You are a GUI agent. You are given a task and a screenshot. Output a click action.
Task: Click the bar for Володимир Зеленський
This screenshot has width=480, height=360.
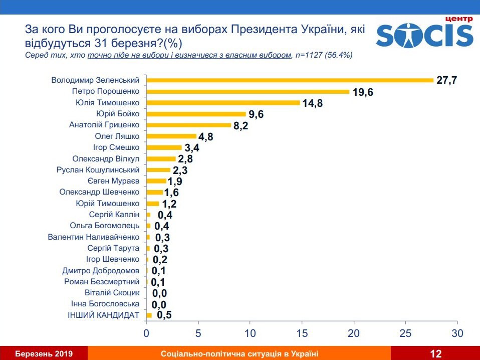[289, 80]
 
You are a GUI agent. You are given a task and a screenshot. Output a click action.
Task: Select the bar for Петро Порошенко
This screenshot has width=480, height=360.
[248, 92]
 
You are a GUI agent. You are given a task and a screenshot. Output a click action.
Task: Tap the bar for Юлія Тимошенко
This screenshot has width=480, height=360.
[222, 103]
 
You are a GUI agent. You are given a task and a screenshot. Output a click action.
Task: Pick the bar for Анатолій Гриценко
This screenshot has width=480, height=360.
[188, 125]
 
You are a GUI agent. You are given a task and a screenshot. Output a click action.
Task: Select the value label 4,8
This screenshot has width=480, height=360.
[205, 137]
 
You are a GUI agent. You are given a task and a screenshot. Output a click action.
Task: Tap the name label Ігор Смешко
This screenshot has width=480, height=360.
[116, 147]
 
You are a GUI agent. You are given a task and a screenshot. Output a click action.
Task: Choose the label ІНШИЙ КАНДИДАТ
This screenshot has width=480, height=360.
[103, 315]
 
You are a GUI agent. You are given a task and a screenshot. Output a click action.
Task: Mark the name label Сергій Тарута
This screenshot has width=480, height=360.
[113, 248]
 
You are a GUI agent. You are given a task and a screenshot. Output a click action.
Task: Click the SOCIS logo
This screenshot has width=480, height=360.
[424, 34]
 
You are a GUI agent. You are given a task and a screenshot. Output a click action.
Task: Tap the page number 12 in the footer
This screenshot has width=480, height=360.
[435, 354]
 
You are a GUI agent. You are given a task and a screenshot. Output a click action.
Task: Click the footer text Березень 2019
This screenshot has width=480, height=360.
[44, 354]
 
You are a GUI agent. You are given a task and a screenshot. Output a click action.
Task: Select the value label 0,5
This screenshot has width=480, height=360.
[164, 315]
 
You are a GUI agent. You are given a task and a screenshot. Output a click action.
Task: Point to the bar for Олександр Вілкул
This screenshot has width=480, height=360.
[160, 159]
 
